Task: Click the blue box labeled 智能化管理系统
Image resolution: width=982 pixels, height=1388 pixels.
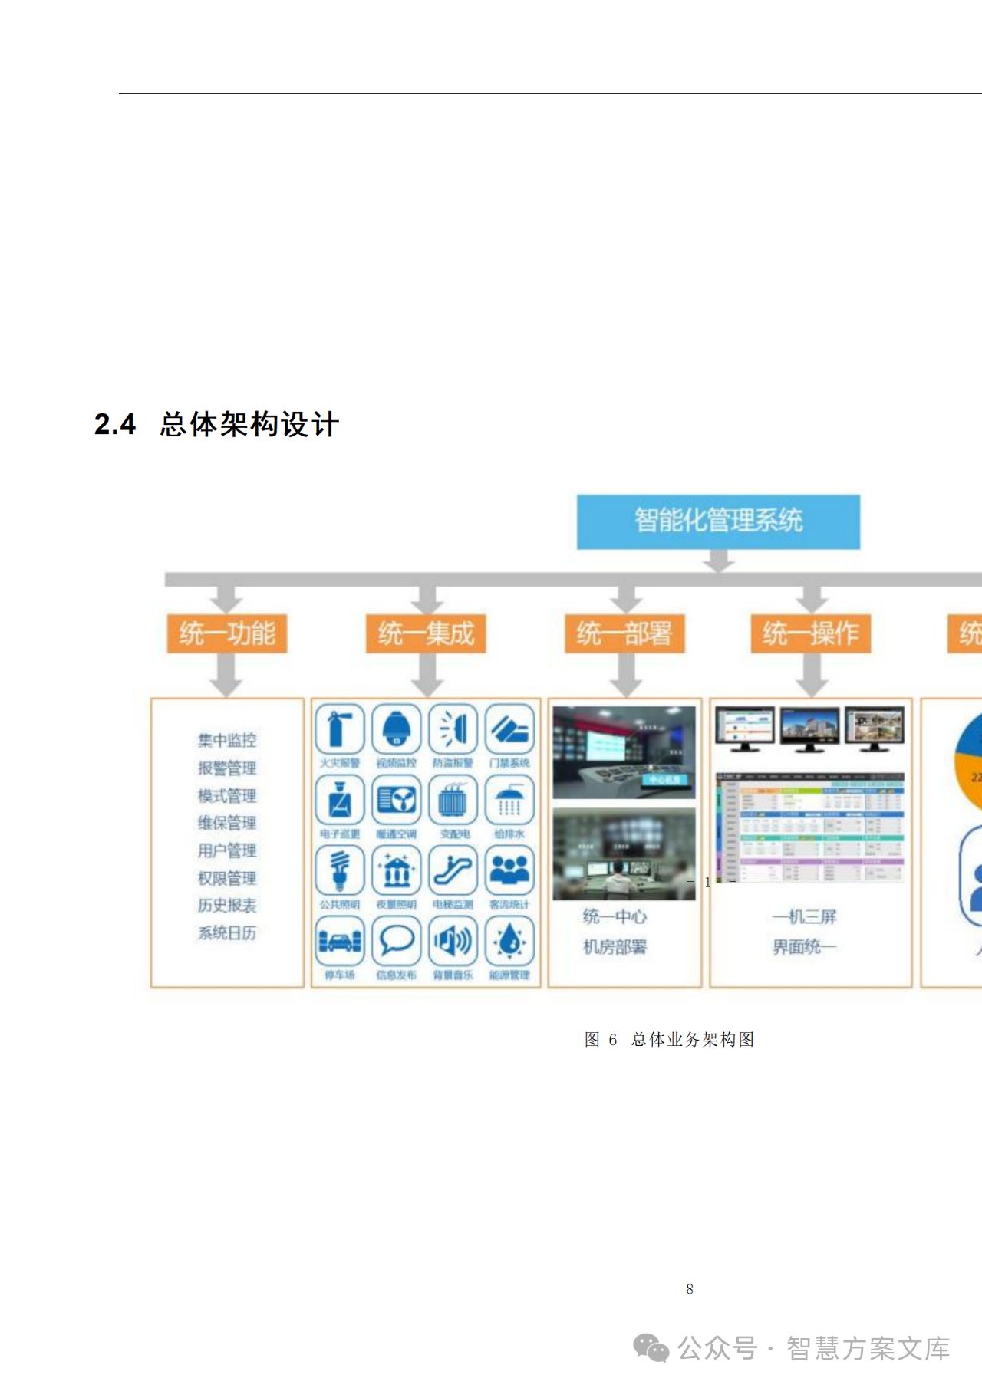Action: tap(718, 521)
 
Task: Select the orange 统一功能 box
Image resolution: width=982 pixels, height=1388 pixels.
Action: tap(227, 633)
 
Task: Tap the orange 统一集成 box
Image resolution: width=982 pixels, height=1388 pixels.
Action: tap(426, 633)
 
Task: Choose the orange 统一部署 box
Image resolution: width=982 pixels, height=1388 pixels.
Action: tap(624, 633)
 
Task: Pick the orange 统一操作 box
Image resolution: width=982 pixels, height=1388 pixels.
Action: tap(811, 633)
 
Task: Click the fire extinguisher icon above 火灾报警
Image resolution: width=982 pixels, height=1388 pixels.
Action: tap(339, 729)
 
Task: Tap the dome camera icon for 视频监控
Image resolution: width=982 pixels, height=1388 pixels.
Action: tap(396, 729)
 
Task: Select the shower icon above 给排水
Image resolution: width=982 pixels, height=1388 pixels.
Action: tap(509, 799)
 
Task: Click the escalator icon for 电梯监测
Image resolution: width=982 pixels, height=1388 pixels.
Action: tap(453, 870)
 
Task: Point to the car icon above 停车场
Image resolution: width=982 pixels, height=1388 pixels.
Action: tap(339, 941)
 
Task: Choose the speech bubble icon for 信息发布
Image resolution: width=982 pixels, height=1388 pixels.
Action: tap(396, 941)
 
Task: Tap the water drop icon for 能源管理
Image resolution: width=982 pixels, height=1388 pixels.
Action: tap(509, 941)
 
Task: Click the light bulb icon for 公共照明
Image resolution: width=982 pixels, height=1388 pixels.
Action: tap(339, 870)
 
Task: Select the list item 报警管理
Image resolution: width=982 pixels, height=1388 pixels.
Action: tap(227, 768)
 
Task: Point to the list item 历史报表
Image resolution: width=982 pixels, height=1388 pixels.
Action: tap(227, 906)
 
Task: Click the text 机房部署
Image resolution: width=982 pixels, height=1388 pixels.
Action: tap(615, 947)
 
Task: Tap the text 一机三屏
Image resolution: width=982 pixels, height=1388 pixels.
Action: tap(804, 916)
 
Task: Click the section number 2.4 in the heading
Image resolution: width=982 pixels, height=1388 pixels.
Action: tap(115, 425)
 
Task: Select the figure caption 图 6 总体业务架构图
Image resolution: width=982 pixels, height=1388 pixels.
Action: tap(669, 1040)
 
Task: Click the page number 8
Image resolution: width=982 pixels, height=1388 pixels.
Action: tap(690, 1289)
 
